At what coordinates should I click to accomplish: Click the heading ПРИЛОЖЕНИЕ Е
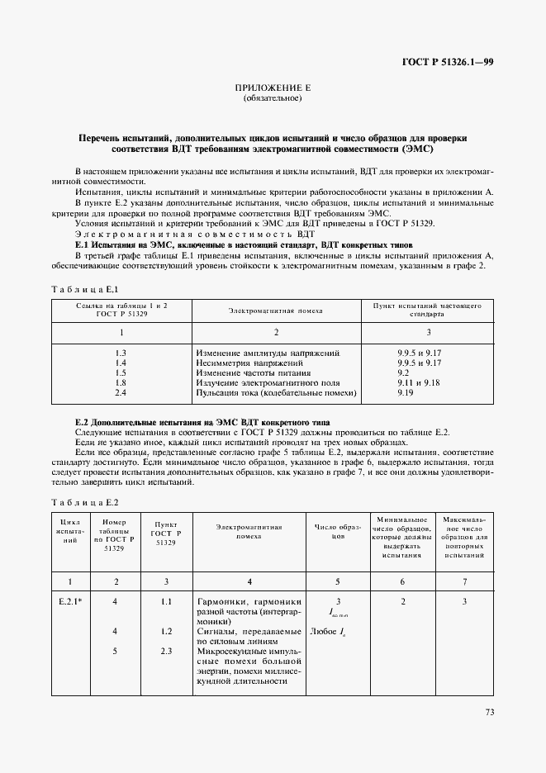(273, 88)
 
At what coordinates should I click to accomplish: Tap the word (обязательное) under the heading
(273, 99)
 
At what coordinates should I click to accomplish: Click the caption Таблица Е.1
(86, 289)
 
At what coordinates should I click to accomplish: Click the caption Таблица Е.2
(86, 502)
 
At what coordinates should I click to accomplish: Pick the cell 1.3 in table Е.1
(121, 353)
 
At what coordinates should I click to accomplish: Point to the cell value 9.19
(405, 393)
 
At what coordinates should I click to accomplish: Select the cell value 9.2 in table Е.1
(402, 373)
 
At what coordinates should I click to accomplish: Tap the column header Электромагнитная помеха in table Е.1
(275, 311)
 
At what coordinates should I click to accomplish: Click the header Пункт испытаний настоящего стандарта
(427, 310)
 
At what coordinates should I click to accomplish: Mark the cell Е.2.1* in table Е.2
(70, 602)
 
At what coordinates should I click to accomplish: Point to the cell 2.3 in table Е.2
(166, 651)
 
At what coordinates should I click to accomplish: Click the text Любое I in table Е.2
(331, 632)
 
